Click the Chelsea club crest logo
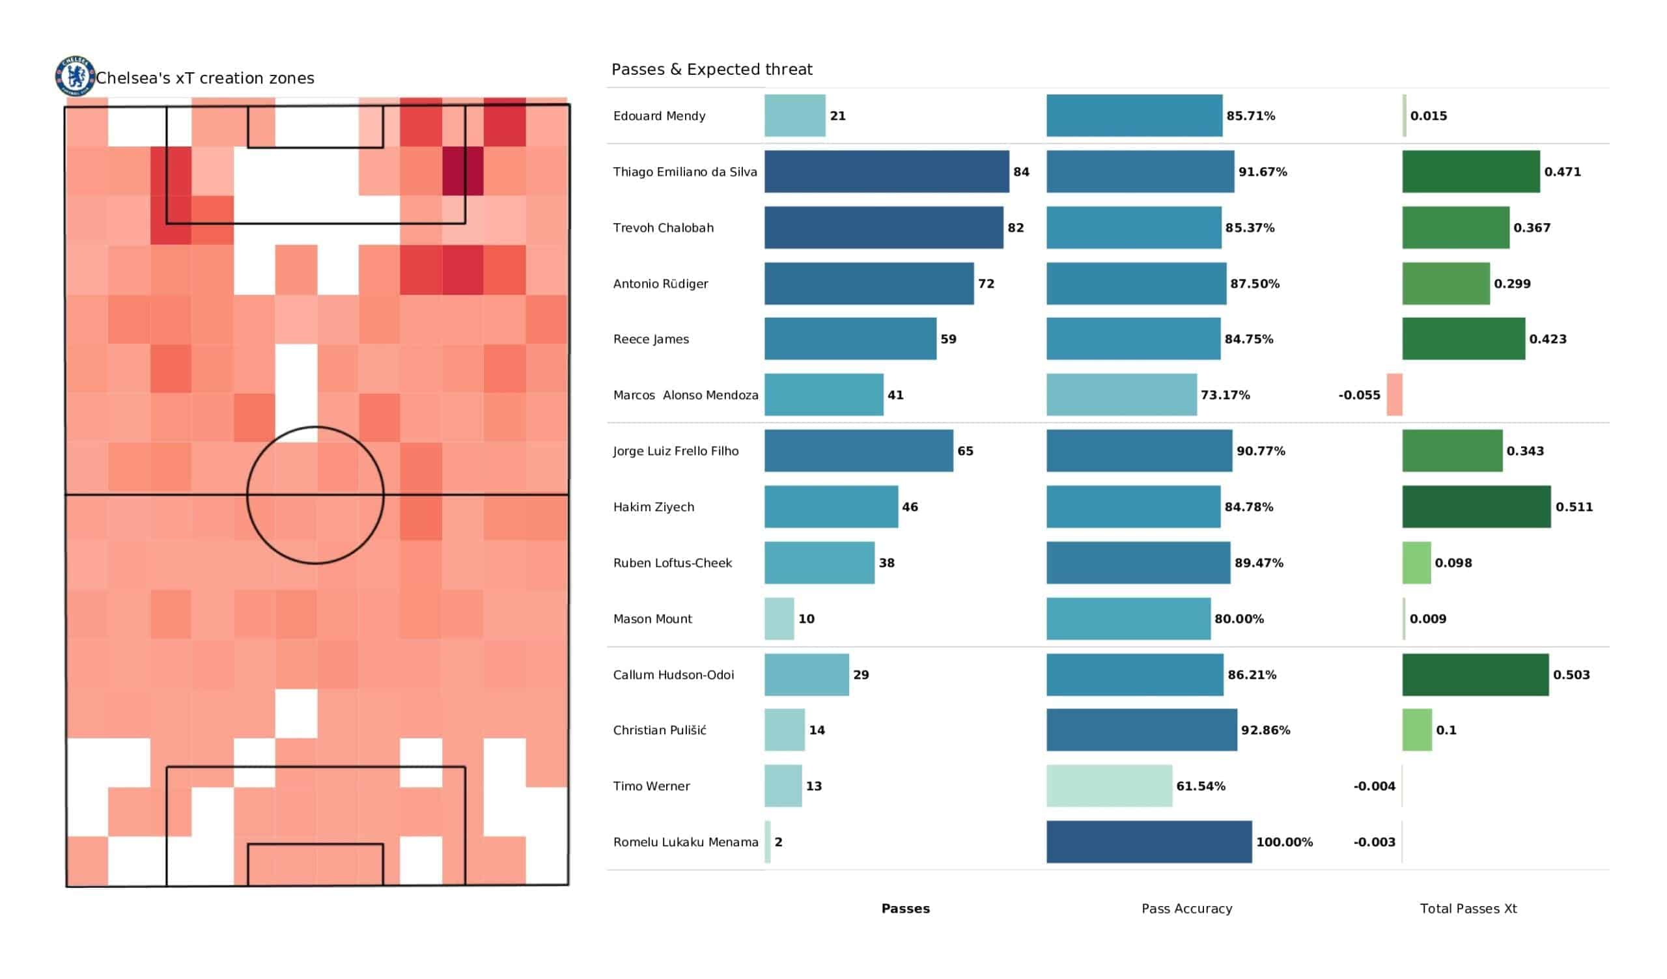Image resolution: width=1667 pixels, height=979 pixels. click(x=75, y=76)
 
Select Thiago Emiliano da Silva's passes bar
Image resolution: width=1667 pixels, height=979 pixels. click(x=886, y=171)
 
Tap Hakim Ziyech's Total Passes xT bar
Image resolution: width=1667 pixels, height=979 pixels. click(x=1476, y=506)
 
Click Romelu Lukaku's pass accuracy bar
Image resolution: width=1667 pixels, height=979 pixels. click(x=1149, y=842)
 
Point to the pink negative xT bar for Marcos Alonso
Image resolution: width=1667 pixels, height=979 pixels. click(x=1394, y=395)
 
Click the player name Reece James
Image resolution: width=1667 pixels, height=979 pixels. click(x=651, y=339)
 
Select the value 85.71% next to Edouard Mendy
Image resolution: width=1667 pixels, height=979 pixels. click(x=1251, y=116)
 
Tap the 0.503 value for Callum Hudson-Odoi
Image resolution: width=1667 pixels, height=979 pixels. click(x=1572, y=675)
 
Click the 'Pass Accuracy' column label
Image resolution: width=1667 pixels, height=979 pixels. click(x=1186, y=909)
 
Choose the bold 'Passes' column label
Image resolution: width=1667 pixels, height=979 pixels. click(x=906, y=909)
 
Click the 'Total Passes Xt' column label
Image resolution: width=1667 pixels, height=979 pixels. click(x=1468, y=909)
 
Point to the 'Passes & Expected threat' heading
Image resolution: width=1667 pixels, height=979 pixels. click(x=712, y=70)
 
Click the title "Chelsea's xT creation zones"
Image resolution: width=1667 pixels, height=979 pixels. click(x=205, y=78)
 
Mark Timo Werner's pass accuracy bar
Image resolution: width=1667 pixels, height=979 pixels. click(x=1110, y=786)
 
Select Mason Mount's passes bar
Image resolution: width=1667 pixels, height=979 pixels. click(x=779, y=618)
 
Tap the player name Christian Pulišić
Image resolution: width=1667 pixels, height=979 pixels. click(x=660, y=730)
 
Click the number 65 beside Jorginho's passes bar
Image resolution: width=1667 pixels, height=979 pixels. click(x=965, y=451)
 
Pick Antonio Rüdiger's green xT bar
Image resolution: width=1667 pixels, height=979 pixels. click(x=1446, y=283)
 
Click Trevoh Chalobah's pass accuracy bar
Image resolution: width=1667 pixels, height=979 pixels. click(x=1134, y=228)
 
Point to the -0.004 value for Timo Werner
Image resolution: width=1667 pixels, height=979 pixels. click(x=1374, y=786)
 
